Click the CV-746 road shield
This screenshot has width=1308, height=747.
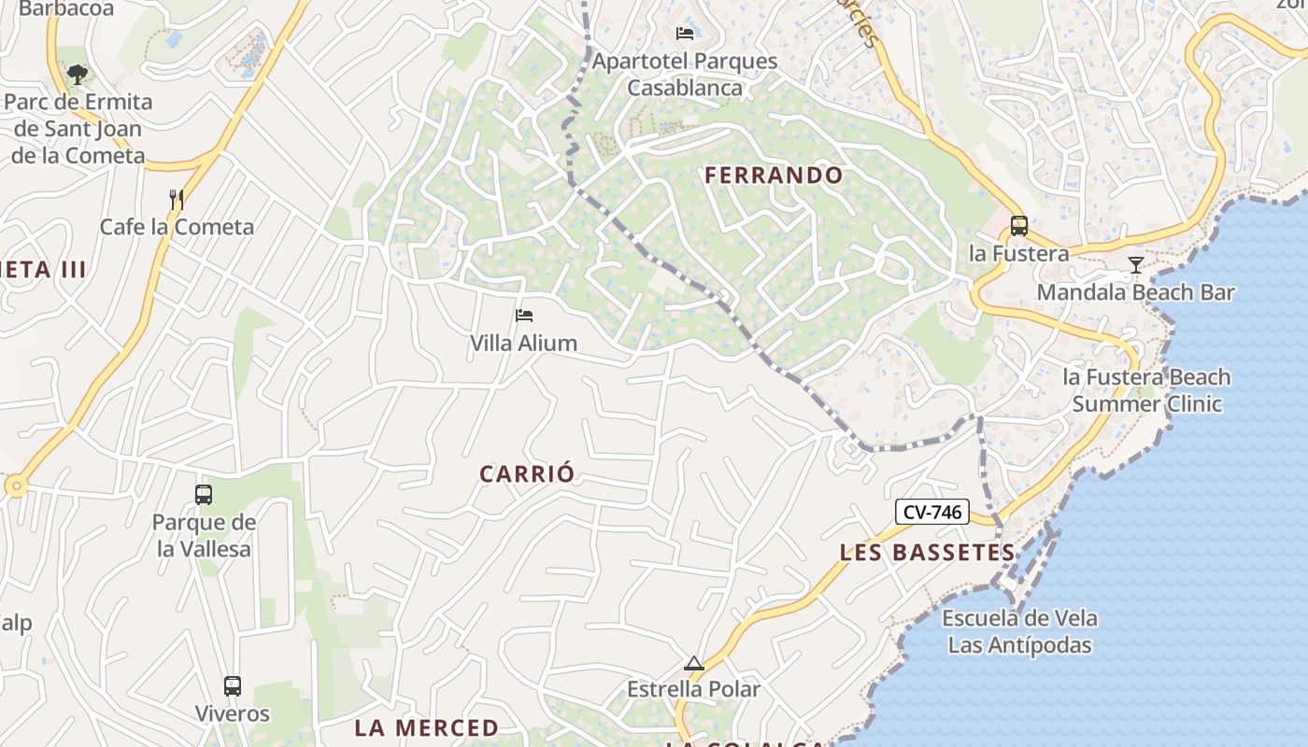(931, 512)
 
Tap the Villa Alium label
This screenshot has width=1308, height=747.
(523, 343)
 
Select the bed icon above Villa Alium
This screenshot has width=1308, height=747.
(524, 316)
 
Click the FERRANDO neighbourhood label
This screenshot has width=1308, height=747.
(774, 175)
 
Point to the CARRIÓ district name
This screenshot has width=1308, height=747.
(527, 473)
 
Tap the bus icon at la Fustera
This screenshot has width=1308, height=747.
(1018, 226)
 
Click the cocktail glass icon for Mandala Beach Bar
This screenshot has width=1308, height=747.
(1135, 265)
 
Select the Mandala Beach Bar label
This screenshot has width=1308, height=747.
(1135, 292)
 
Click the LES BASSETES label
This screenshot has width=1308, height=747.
(927, 552)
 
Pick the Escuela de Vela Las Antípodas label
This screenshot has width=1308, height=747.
(1019, 631)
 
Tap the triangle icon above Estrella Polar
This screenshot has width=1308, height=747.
(693, 664)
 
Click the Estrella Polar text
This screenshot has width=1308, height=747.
(693, 690)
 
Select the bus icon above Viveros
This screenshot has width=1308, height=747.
(232, 686)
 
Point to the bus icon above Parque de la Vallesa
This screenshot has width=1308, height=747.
(204, 495)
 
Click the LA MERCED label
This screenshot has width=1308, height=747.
(427, 727)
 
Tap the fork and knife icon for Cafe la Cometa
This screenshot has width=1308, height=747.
(176, 199)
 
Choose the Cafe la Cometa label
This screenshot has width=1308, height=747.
(177, 227)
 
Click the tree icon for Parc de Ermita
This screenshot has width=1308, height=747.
(77, 74)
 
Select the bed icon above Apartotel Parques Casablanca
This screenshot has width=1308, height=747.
(685, 34)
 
